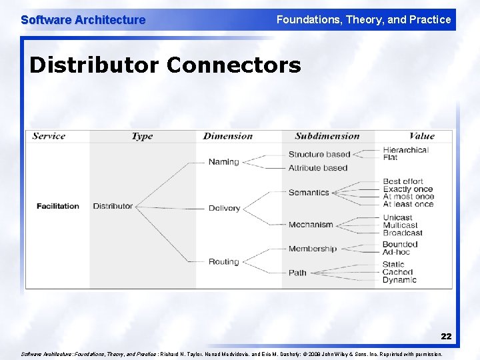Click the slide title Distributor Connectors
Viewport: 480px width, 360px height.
165,66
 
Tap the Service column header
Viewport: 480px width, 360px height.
49,136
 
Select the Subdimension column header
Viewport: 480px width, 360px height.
327,136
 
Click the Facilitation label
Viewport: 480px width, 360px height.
58,206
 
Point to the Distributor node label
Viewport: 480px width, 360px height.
113,206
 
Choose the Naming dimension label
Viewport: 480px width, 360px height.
223,162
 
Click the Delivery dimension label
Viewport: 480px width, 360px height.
224,208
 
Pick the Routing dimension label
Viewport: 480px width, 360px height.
223,262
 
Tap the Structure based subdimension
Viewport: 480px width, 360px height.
319,155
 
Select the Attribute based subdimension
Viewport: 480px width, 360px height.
318,168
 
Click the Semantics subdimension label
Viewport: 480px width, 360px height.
309,193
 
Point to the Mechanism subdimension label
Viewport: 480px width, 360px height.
311,225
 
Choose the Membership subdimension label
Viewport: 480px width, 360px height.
313,249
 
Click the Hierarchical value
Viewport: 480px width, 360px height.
405,150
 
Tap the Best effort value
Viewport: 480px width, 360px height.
403,181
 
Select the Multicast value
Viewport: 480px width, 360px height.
400,225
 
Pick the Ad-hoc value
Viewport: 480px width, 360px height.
396,252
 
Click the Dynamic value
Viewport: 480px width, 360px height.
399,280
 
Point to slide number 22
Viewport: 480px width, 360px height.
446,337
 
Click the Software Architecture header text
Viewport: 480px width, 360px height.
83,20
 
